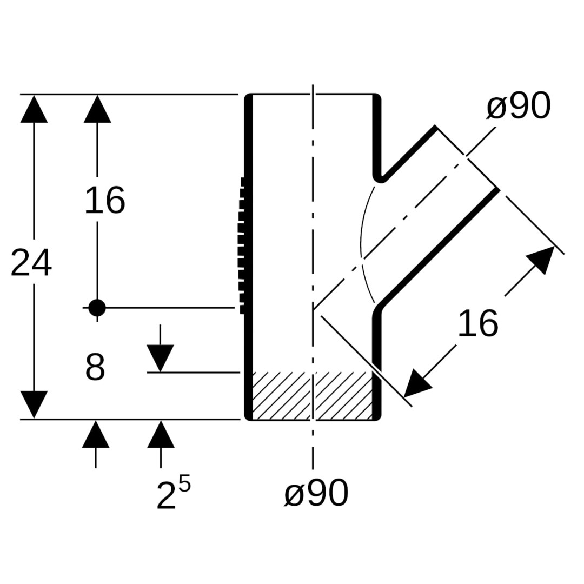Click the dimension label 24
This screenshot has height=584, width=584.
(x=31, y=263)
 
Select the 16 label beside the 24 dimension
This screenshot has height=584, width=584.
(x=105, y=201)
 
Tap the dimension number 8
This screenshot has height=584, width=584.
(x=95, y=368)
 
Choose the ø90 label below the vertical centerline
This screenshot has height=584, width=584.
(x=316, y=493)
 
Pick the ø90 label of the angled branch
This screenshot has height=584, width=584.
(x=518, y=107)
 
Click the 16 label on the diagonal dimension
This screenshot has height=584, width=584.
(x=477, y=324)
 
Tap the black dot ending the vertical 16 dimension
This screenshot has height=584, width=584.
(x=97, y=308)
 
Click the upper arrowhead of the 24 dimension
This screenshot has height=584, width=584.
(x=34, y=110)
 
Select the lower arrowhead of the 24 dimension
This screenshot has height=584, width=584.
(x=34, y=404)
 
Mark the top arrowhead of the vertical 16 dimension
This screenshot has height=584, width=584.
(x=97, y=110)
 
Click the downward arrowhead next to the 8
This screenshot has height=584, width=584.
(x=160, y=358)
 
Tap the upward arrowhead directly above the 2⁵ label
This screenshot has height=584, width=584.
(x=161, y=435)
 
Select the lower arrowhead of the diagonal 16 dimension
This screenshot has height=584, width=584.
(x=416, y=383)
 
